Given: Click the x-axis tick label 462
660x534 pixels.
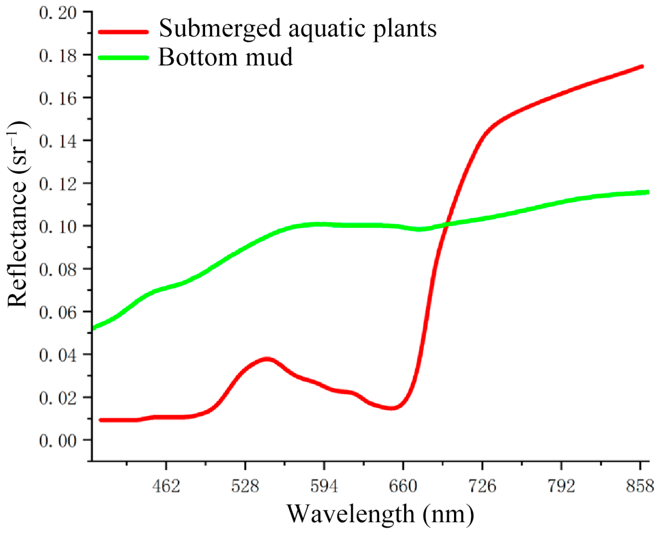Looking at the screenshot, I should click(166, 486).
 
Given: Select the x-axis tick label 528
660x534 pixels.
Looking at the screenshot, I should click(245, 486).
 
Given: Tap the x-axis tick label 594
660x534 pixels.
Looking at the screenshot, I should click(324, 486).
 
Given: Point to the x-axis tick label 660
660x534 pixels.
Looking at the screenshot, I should click(403, 486).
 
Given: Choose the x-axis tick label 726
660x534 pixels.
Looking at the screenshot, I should click(482, 486).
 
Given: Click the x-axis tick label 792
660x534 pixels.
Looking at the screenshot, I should click(561, 486).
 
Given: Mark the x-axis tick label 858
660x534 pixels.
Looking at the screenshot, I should click(640, 486).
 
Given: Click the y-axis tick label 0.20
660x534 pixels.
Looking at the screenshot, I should click(58, 13).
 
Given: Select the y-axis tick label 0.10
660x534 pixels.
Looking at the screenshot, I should click(58, 227).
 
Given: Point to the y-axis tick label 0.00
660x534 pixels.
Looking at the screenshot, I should click(58, 441).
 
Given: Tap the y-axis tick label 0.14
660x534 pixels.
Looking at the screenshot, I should click(58, 141).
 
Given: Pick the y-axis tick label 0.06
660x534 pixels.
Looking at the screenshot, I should click(58, 312).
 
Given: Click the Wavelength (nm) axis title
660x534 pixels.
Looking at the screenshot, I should click(380, 514).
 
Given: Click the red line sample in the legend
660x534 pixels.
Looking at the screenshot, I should click(124, 32).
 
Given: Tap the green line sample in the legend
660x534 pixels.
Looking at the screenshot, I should click(124, 58).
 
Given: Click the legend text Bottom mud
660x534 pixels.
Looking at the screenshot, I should click(225, 57).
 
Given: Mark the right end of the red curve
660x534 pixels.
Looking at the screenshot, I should click(642, 67).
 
